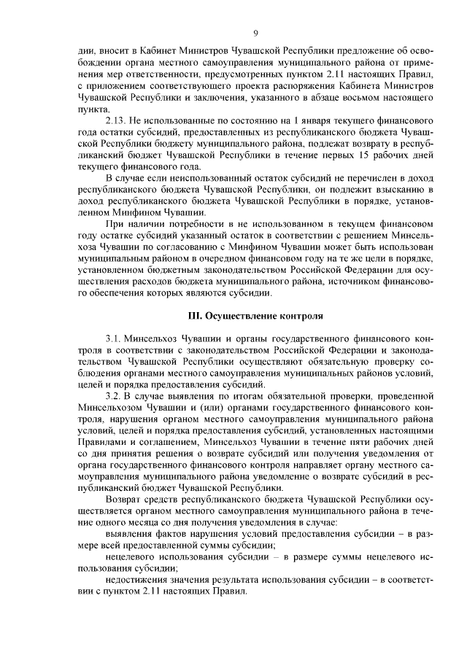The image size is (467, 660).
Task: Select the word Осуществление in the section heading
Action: click(x=239, y=317)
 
